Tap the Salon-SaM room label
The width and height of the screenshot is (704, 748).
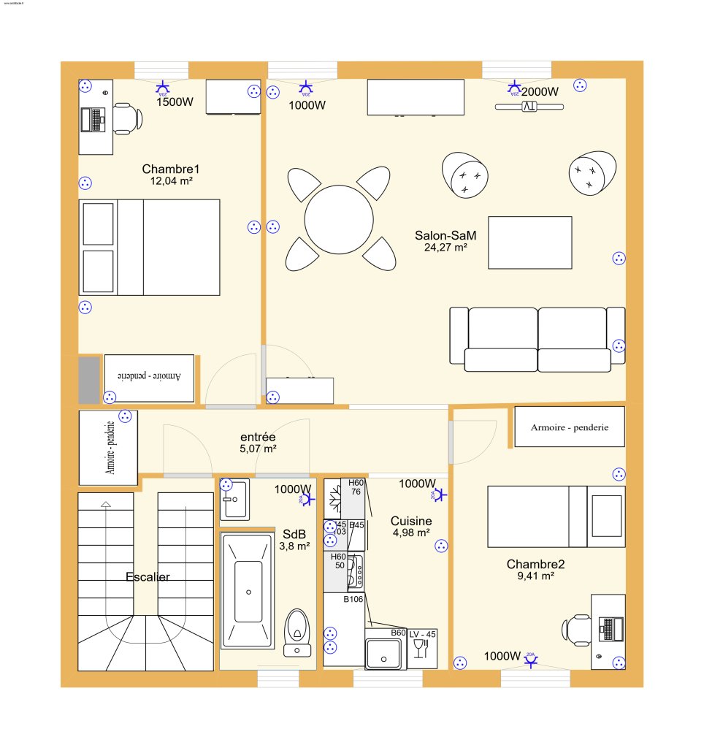445,235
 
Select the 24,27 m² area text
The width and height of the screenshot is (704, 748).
445,248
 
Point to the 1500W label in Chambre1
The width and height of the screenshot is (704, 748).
175,102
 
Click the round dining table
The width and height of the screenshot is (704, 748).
339,219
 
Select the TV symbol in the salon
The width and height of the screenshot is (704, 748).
529,107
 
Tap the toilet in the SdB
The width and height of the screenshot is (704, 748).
297,630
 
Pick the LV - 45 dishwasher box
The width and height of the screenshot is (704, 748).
422,647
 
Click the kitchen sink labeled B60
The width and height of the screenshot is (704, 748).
384,652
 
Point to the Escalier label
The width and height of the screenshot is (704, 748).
148,577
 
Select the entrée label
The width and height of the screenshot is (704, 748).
258,436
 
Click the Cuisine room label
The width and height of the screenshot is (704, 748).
410,521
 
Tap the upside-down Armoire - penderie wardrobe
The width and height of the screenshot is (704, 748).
149,378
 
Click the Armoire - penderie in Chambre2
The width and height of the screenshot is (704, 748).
569,427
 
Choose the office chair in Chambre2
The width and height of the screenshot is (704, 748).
577,629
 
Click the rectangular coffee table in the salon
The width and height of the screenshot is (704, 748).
529,243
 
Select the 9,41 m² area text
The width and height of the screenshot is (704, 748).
535,576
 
